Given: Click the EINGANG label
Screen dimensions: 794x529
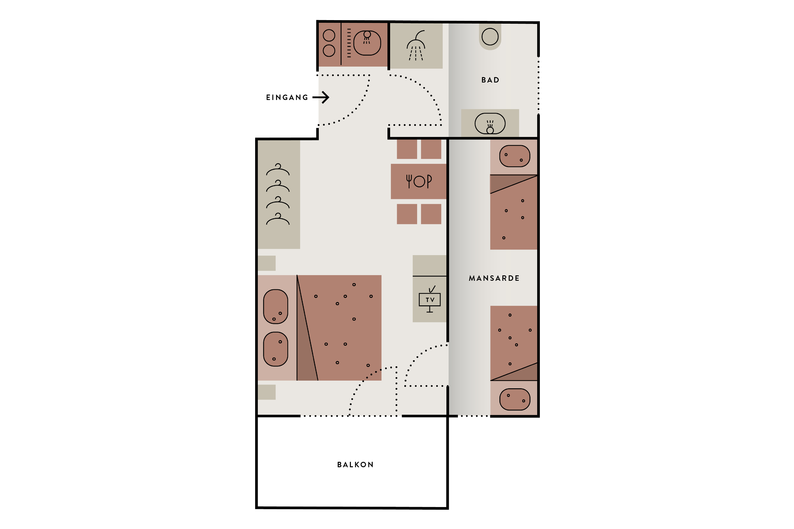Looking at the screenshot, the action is [x=287, y=97].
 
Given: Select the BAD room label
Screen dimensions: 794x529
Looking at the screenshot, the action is [x=490, y=80].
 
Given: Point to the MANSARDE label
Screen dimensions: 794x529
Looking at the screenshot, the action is [x=494, y=278].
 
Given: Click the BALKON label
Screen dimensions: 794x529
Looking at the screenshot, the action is [x=355, y=465].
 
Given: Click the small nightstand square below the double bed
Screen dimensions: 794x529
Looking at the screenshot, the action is [x=267, y=392].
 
